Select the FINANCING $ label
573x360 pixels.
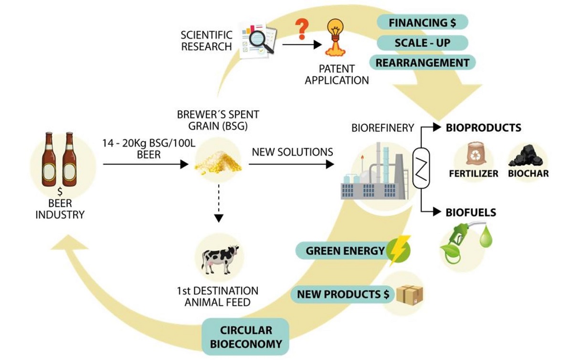422,22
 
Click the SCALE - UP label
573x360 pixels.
422,42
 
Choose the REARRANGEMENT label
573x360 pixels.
422,63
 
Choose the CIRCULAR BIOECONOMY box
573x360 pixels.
246,337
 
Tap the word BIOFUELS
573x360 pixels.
470,212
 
